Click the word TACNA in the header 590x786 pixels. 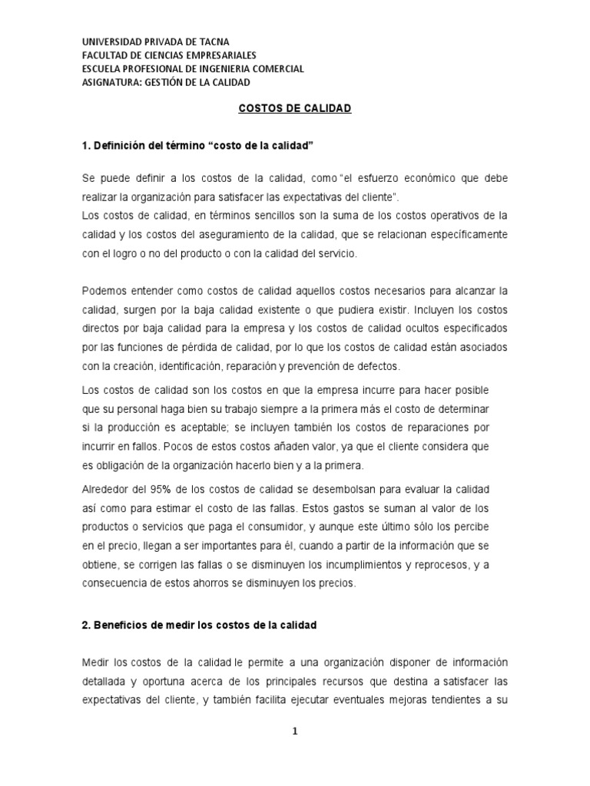tap(212, 41)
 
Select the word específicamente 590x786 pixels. tap(462, 233)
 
